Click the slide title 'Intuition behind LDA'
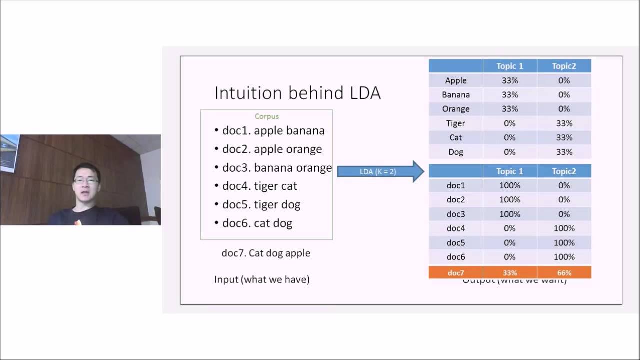[297, 93]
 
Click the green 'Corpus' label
[267, 116]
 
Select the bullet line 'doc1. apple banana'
[273, 130]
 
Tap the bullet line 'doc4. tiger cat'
[259, 186]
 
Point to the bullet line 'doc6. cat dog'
[257, 223]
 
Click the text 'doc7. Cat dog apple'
[266, 253]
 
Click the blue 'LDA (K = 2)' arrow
[380, 171]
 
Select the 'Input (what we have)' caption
[262, 279]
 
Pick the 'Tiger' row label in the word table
[456, 123]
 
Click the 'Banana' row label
[456, 95]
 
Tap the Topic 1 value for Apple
[510, 80]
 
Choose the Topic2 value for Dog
[564, 152]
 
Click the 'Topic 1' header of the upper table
[510, 66]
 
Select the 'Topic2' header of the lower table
[564, 171]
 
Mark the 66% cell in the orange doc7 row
[564, 273]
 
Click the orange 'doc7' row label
[456, 273]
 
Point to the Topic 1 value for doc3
[510, 214]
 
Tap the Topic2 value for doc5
[564, 243]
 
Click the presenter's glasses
[86, 180]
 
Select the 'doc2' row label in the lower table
[456, 200]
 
